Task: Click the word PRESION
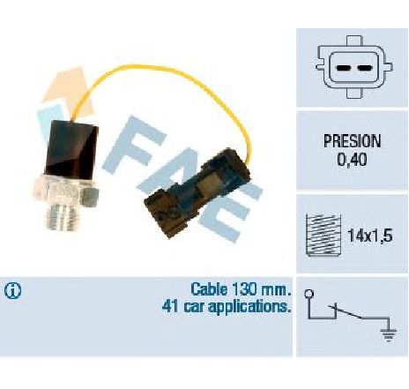tap(352, 141)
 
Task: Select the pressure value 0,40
tap(352, 160)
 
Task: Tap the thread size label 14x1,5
tap(369, 236)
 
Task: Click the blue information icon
tap(12, 291)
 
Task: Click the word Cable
tap(209, 289)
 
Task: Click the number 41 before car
tap(170, 307)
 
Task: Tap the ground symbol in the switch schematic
tap(389, 334)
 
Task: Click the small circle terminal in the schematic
tap(309, 294)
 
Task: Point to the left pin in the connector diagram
tap(343, 68)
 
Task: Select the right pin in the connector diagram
tap(364, 68)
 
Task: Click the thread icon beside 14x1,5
tap(323, 236)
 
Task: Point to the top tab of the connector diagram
tap(353, 41)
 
